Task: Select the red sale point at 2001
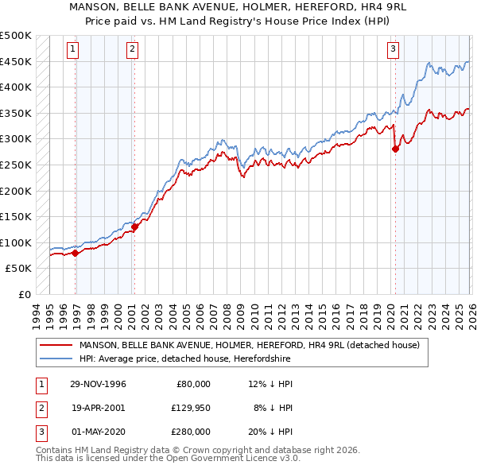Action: click(134, 227)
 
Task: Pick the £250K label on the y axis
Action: click(16, 165)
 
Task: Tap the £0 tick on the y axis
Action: click(25, 294)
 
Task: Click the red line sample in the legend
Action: click(56, 345)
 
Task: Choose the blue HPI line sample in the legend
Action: click(56, 359)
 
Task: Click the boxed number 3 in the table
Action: click(39, 432)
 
